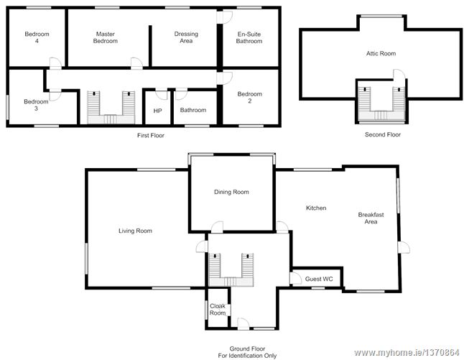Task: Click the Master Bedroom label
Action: pos(106,37)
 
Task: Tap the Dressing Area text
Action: pos(186,37)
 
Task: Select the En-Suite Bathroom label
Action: pos(249,37)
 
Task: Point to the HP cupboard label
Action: pos(158,111)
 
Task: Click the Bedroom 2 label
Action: pos(250,98)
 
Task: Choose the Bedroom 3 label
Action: pos(36,105)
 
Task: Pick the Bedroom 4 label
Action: pos(37,37)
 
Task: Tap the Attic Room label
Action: pos(381,54)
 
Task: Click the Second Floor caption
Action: pos(383,134)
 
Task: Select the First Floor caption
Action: pos(151,135)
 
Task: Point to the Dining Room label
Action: pos(231,192)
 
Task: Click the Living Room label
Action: pos(135,231)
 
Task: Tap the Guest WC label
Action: pos(319,279)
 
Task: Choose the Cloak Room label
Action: pos(218,310)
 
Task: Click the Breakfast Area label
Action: pos(371,218)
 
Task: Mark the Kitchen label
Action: pos(316,208)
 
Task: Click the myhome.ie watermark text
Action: pos(407,353)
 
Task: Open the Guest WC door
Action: pos(296,278)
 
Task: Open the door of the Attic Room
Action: pos(399,74)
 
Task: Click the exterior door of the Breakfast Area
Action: pos(404,247)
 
